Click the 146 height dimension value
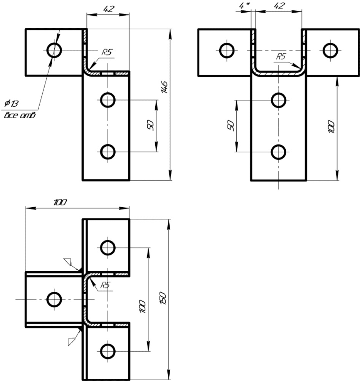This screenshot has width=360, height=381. pyautogui.click(x=164, y=87)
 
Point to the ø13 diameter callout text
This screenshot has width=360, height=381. pyautogui.click(x=11, y=103)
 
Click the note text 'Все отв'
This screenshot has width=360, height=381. pyautogui.click(x=20, y=115)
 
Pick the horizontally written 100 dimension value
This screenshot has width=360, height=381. pyautogui.click(x=60, y=202)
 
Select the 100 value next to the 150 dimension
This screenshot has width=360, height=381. pyautogui.click(x=142, y=306)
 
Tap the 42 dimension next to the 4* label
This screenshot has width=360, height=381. pyautogui.click(x=279, y=6)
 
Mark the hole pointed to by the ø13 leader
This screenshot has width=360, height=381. pyautogui.click(x=54, y=50)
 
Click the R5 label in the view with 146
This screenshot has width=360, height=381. pyautogui.click(x=107, y=52)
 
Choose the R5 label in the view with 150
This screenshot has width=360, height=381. pyautogui.click(x=105, y=285)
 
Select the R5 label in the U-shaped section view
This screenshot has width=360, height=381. pyautogui.click(x=281, y=57)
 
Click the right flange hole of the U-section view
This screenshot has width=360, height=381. pyautogui.click(x=330, y=51)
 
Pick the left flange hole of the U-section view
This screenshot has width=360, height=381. pyautogui.click(x=227, y=51)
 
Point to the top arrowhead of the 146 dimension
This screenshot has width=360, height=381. pyautogui.click(x=170, y=34)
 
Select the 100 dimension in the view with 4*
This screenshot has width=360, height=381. pyautogui.click(x=331, y=126)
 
